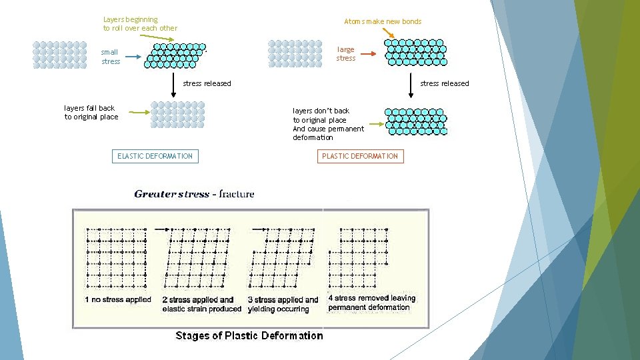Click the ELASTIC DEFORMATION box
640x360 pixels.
pos(155,156)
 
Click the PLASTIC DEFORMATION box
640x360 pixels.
pos(359,156)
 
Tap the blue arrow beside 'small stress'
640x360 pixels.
pos(133,57)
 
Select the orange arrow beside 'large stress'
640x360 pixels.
pos(369,54)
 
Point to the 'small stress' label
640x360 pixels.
pos(111,57)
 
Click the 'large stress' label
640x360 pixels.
pos(346,54)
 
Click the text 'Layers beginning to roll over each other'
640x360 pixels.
pos(140,24)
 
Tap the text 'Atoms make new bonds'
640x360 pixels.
pos(383,21)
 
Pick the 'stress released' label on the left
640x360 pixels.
pos(207,83)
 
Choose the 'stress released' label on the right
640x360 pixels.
pos(444,83)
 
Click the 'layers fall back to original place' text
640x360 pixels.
pos(91,112)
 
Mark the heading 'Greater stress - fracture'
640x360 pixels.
pos(194,194)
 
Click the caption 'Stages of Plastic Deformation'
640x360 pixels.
pos(249,335)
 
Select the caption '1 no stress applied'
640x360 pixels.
pos(118,299)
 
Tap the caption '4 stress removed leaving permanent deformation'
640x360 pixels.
pos(371,303)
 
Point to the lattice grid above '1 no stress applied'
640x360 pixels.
pos(116,257)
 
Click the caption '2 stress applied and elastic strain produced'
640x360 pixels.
pos(201,304)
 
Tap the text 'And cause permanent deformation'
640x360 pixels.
pos(328,133)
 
